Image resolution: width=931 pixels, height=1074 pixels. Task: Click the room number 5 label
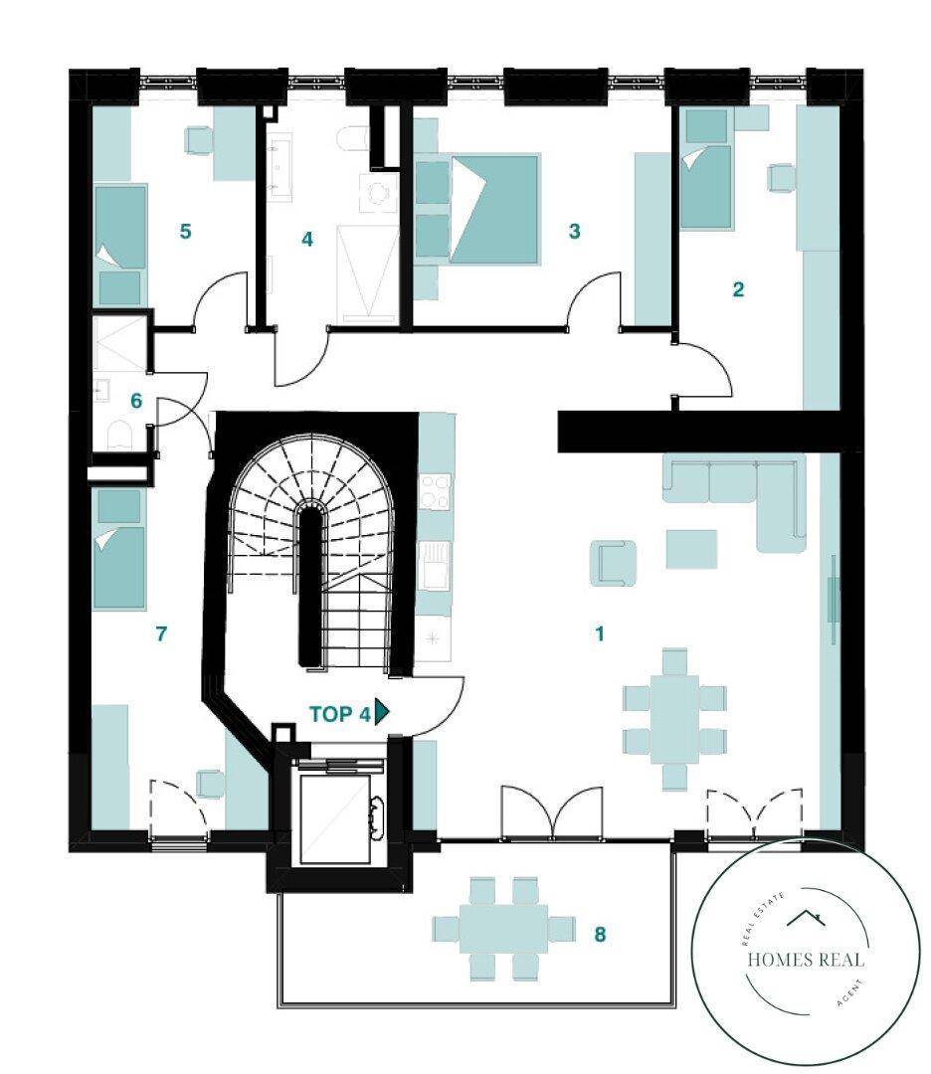185,232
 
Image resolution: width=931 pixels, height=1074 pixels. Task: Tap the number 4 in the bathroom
307,239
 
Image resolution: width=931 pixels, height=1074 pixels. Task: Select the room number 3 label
574,232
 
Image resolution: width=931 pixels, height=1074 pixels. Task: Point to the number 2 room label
738,289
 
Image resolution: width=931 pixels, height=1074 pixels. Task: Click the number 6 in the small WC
136,401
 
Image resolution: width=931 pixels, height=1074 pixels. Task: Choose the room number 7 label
161,633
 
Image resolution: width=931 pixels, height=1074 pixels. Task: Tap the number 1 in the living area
600,633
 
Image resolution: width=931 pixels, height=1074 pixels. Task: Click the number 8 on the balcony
600,934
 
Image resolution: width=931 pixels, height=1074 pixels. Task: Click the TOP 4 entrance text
340,714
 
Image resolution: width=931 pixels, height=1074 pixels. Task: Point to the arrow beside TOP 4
382,713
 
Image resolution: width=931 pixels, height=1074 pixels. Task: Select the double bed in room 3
494,209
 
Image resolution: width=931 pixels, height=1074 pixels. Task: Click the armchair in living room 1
613,563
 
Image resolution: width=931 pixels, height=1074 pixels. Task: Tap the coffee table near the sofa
692,549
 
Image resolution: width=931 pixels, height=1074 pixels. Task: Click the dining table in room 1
674,719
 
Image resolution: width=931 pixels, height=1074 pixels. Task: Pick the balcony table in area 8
503,928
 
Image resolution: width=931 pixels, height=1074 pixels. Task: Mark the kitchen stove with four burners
436,491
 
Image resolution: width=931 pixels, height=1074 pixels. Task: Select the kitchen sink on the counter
435,565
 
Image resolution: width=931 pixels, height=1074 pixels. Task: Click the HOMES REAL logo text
806,959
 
